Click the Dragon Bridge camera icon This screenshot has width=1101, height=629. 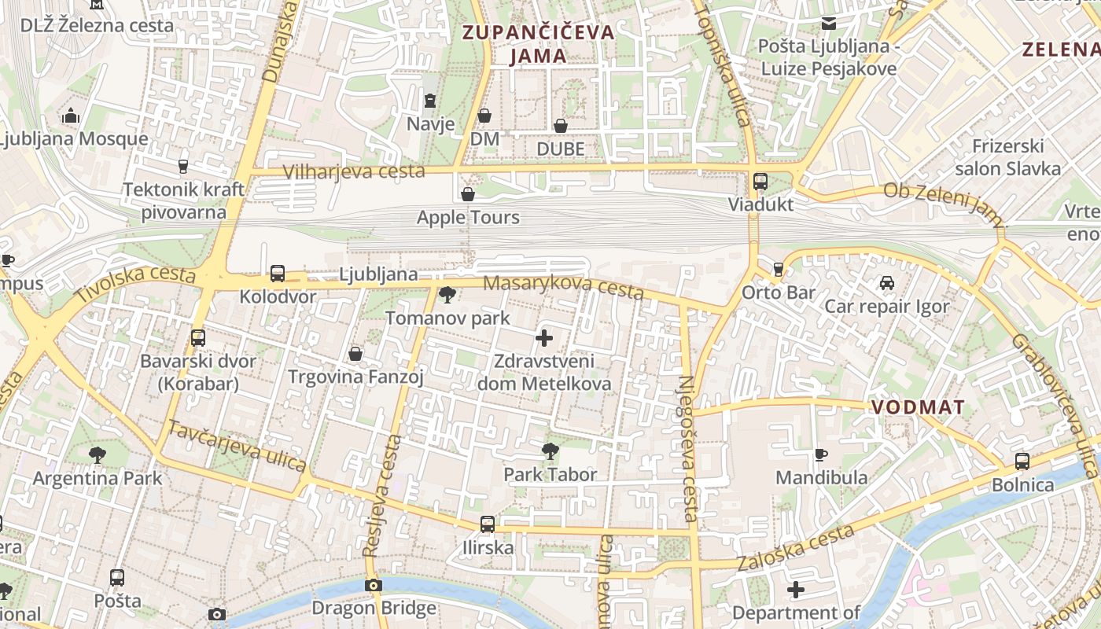374,585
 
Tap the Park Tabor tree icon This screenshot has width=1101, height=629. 550,451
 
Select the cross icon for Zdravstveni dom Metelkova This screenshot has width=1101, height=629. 543,339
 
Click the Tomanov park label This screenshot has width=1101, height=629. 447,318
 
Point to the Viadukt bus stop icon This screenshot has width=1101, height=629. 760,182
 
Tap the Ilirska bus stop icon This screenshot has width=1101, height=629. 488,524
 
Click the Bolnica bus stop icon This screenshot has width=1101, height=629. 1022,462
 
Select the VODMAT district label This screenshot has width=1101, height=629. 918,407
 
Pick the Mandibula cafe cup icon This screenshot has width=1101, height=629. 821,454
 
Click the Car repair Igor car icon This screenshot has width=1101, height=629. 887,283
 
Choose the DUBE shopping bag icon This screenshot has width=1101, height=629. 561,126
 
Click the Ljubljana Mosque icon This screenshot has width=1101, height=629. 72,116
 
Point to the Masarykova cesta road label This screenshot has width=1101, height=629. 563,287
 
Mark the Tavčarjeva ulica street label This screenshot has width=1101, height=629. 237,446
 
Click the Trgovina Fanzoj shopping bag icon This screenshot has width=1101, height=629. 355,354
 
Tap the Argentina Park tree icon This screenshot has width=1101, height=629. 98,454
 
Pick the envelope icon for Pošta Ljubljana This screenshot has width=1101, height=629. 828,24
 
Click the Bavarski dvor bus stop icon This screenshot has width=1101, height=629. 198,338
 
